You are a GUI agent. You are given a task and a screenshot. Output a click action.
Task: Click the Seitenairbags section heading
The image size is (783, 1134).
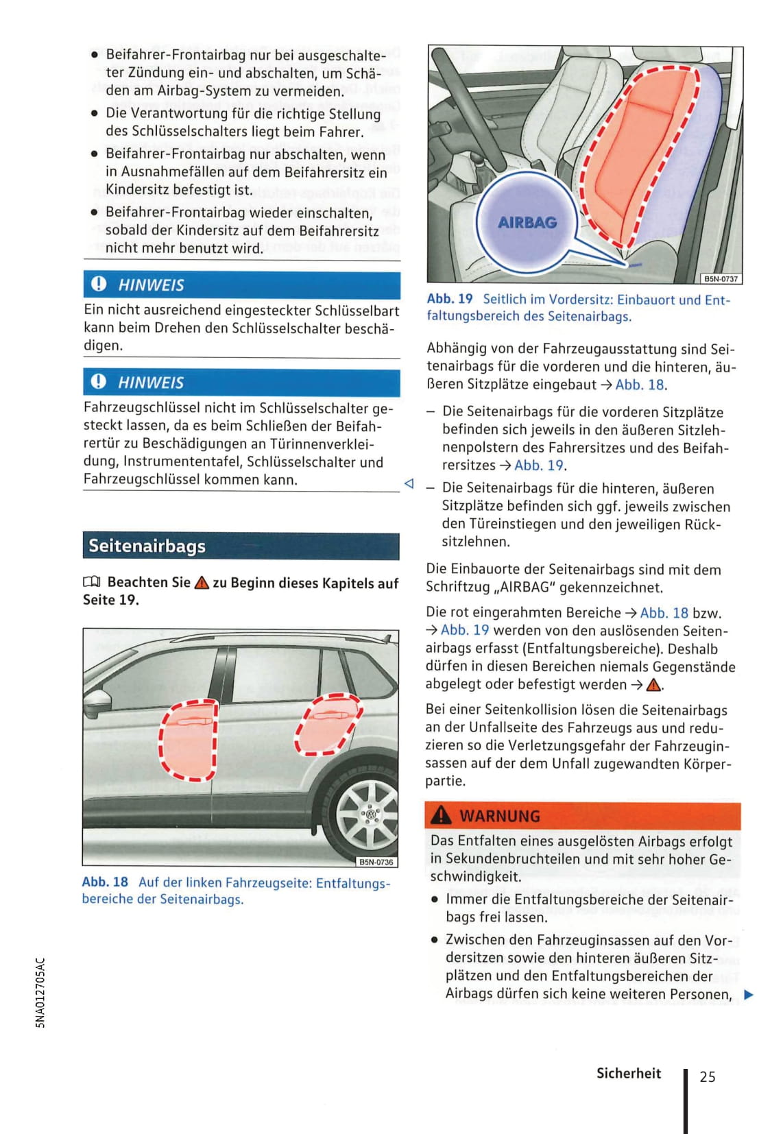147,546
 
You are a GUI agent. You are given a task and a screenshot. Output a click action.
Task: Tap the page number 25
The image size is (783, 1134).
707,1076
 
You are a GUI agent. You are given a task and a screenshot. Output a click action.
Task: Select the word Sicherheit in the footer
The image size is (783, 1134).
628,1074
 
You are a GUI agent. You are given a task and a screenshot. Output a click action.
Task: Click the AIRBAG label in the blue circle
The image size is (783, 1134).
527,222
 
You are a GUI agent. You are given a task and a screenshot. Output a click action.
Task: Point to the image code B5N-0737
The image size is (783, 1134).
721,278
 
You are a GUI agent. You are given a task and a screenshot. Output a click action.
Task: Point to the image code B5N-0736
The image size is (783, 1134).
376,862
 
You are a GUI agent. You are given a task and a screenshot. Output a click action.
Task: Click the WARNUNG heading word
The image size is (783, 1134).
500,816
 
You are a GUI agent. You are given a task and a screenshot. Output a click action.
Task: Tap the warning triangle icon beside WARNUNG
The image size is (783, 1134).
441,815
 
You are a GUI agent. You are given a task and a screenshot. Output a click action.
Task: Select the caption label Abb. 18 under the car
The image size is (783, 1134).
105,882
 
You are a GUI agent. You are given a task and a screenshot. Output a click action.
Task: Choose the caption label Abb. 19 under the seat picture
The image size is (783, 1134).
450,300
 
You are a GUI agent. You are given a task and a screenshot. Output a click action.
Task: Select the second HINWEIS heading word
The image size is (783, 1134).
151,383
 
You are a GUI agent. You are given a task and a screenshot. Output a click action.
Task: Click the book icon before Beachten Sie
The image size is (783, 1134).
92,583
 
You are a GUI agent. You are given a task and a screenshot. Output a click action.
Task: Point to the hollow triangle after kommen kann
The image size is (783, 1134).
409,483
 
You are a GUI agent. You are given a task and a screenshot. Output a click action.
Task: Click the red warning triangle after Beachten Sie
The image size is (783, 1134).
202,583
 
